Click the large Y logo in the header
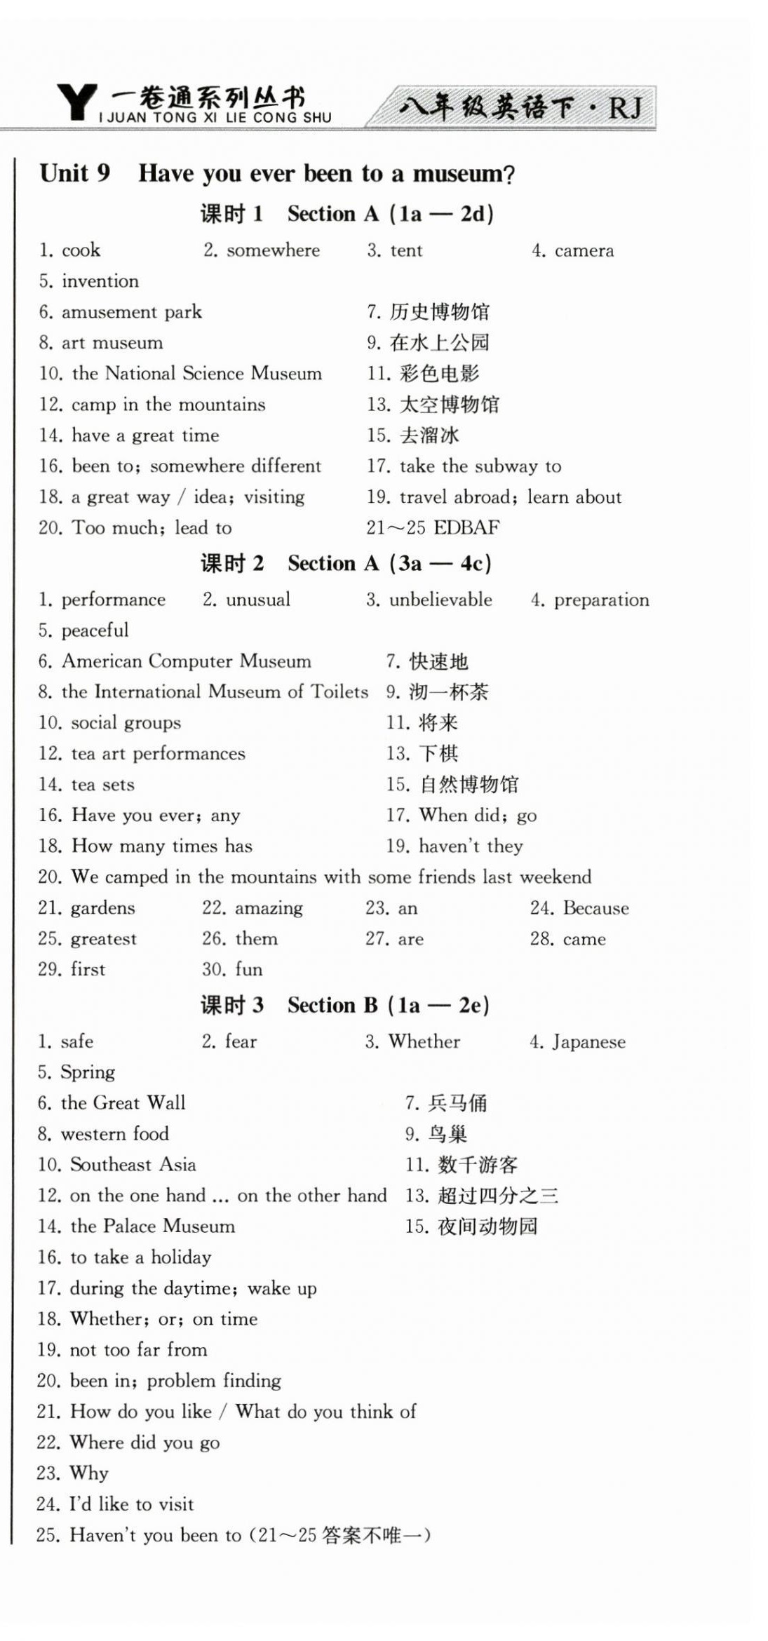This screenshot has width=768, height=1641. point(76,103)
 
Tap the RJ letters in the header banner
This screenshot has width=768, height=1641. point(624,107)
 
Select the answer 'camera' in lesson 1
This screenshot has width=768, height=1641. point(584,250)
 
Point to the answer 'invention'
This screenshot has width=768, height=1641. point(100,281)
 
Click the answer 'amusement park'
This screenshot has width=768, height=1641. point(132,312)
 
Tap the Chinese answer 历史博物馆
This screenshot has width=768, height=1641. point(440,312)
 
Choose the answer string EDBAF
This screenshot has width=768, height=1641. point(467,527)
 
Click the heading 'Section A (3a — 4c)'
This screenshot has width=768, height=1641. point(389,563)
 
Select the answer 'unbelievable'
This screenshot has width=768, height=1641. point(440,600)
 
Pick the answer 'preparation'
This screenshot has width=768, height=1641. point(601,600)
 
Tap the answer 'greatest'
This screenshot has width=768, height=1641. point(103,938)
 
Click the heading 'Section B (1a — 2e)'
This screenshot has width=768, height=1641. point(388,1005)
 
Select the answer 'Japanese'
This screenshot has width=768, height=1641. point(588,1041)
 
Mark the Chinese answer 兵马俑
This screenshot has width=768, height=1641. point(457,1103)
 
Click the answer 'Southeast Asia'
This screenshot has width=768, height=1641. point(133,1165)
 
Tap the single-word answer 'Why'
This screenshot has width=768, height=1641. point(89,1473)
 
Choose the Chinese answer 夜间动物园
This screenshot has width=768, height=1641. point(487,1227)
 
